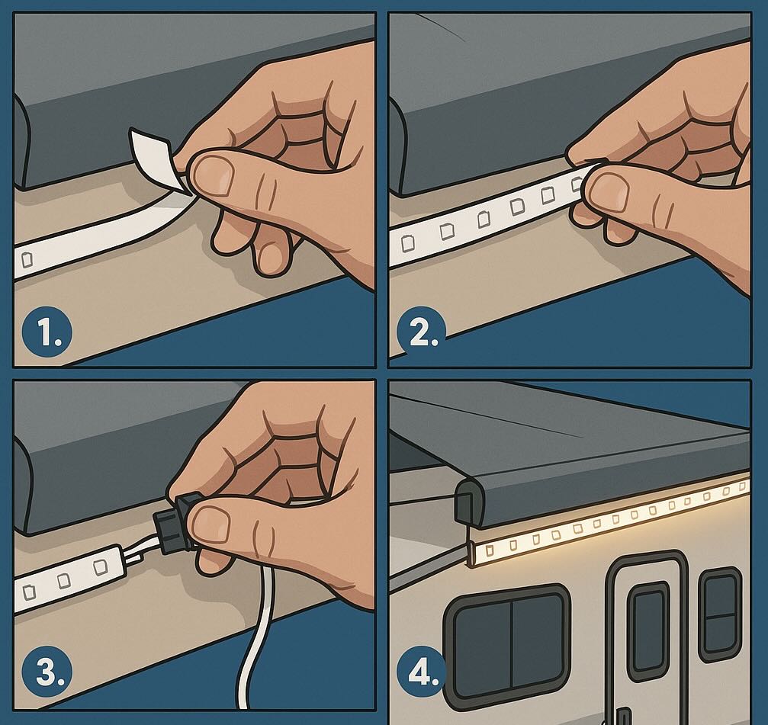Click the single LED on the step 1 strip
coord(28,260)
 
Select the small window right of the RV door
coord(719,613)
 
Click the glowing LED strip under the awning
coord(610,518)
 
